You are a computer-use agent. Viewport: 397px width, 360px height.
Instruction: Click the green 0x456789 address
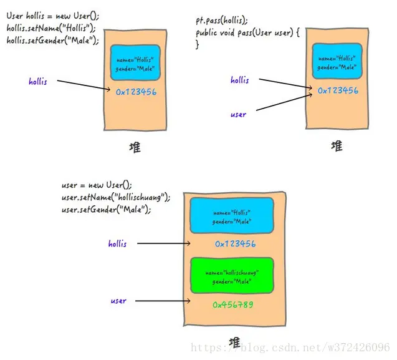(x=232, y=304)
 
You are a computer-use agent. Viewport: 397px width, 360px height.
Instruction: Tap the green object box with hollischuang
(x=232, y=276)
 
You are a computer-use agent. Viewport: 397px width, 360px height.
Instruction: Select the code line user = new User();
(x=97, y=185)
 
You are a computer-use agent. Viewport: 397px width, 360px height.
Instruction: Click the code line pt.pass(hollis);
(x=222, y=21)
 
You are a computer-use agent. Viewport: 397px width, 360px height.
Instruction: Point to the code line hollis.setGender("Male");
(x=52, y=41)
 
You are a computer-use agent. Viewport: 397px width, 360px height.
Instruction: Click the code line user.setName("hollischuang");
(x=116, y=197)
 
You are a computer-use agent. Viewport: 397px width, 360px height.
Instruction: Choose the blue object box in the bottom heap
(x=232, y=215)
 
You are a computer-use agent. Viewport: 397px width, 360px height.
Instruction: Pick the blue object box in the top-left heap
(x=135, y=62)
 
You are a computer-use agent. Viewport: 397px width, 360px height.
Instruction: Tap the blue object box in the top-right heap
(x=337, y=61)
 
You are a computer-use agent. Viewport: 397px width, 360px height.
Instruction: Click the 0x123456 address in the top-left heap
(x=136, y=92)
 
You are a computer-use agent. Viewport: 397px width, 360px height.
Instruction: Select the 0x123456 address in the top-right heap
(x=338, y=90)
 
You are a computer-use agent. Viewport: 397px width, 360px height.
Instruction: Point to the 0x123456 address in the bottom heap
(x=235, y=243)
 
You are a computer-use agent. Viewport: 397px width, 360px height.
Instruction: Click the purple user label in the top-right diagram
(x=238, y=115)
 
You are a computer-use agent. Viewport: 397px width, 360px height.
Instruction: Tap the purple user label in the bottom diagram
(x=118, y=301)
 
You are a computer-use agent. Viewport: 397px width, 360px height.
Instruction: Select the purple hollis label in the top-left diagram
(x=38, y=81)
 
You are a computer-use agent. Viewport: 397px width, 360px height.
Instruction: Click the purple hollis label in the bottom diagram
(x=117, y=243)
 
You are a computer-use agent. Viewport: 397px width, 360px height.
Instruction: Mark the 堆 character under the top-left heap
(x=135, y=147)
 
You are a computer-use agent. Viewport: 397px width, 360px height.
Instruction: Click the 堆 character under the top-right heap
(x=337, y=146)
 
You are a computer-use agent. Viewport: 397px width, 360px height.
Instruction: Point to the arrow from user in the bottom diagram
(x=163, y=301)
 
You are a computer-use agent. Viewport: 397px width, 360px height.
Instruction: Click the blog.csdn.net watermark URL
(x=290, y=348)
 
